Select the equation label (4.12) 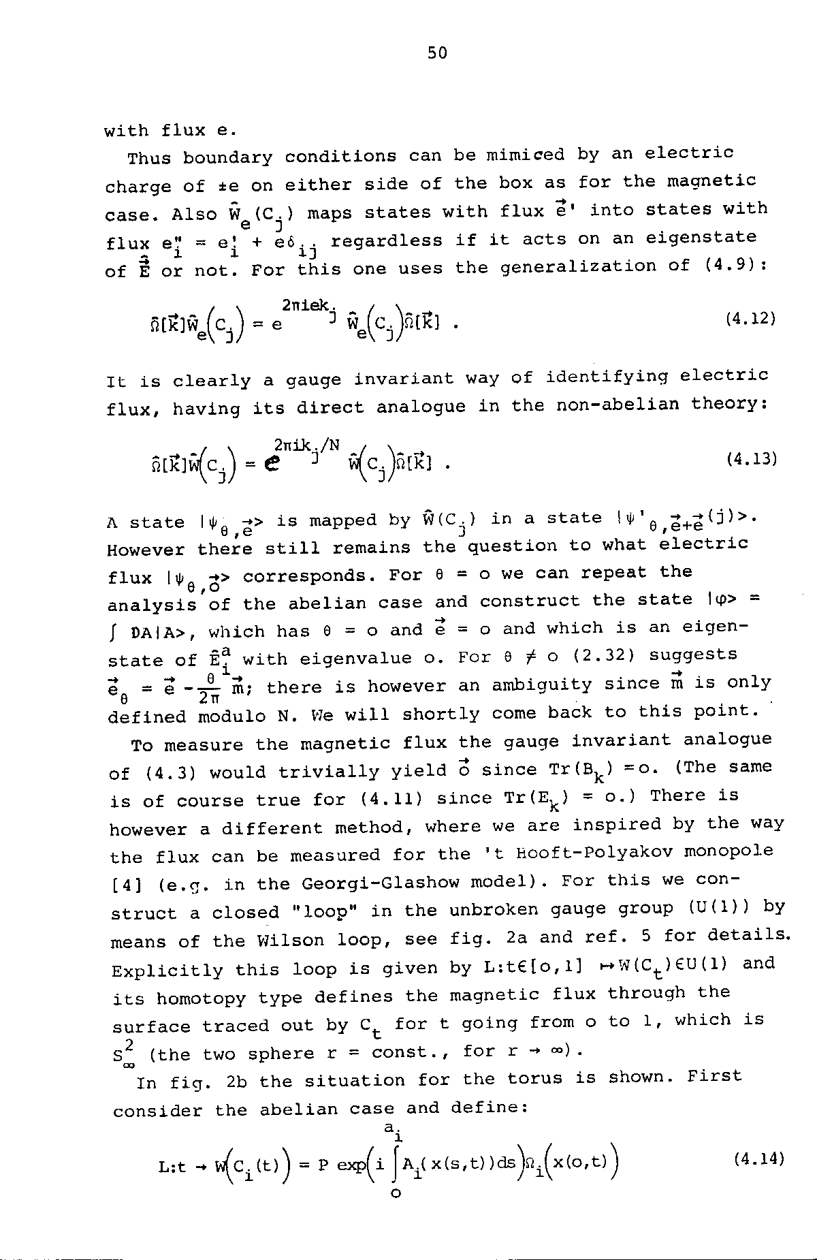(751, 317)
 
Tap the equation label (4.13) (752, 458)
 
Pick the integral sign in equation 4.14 (396, 1163)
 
